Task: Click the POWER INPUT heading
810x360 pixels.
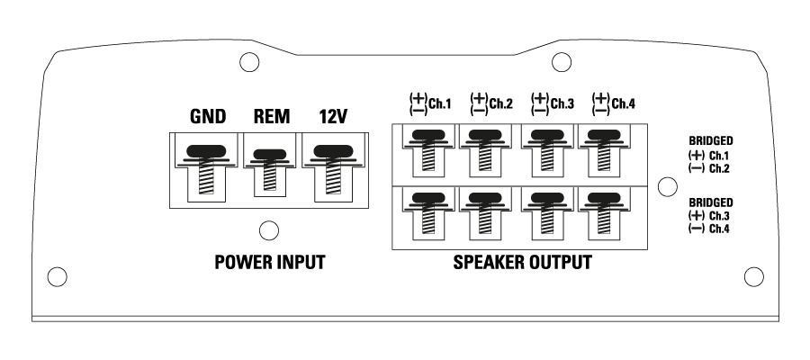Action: pyautogui.click(x=268, y=264)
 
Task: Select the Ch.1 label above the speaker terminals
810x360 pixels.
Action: pyautogui.click(x=440, y=103)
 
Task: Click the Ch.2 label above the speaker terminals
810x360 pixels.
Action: pyautogui.click(x=501, y=103)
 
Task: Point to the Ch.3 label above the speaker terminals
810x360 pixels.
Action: pyautogui.click(x=563, y=103)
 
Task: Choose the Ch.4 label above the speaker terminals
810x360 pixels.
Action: pyautogui.click(x=623, y=103)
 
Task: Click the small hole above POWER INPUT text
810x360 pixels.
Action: pyautogui.click(x=267, y=231)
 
